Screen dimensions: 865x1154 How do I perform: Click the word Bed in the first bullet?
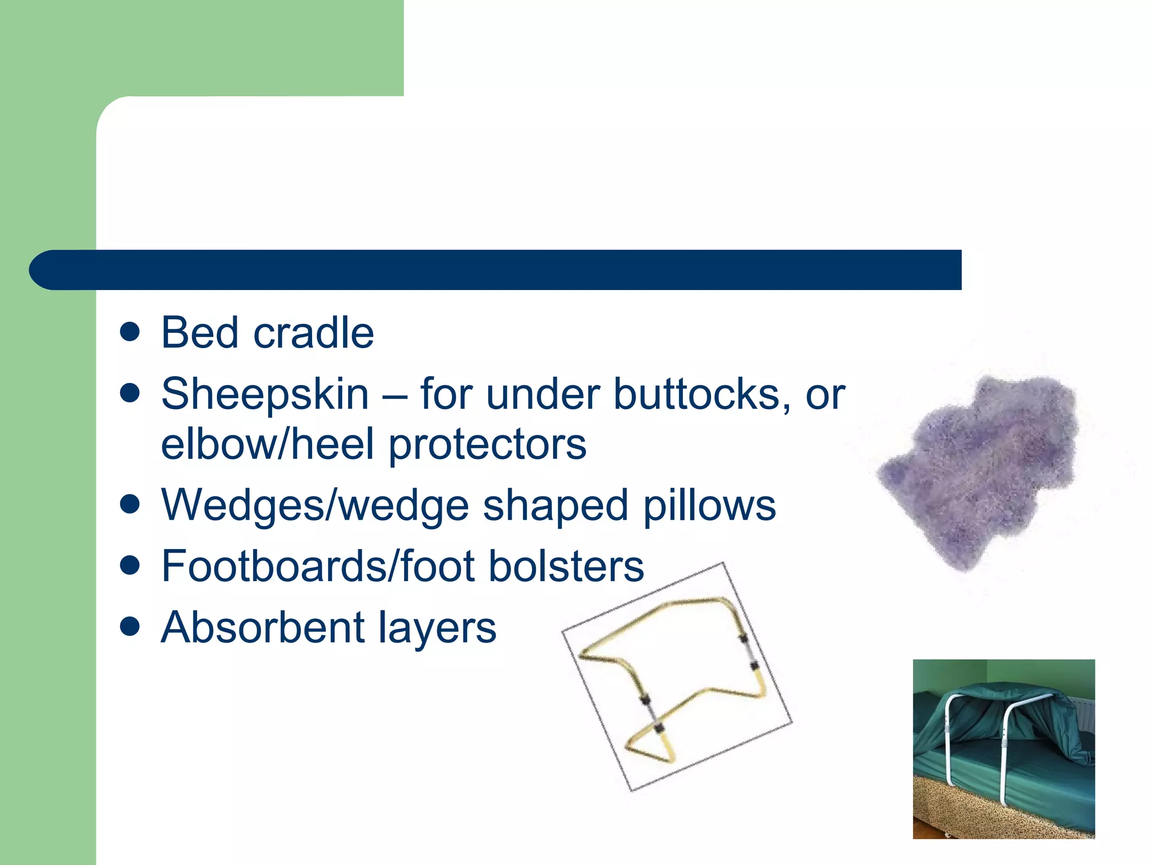[200, 333]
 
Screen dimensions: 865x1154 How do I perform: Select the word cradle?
[314, 333]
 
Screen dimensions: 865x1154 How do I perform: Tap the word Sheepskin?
[265, 394]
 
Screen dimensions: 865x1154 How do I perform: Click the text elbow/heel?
[267, 444]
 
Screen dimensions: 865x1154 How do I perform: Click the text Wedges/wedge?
[316, 506]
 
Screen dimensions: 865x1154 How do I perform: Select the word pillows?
[709, 506]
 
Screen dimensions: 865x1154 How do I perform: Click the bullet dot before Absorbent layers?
[130, 626]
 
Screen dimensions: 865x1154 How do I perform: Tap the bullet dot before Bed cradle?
[130, 332]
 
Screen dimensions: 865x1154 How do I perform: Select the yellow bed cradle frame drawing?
[676, 676]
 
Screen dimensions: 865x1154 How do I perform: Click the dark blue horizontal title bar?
[496, 270]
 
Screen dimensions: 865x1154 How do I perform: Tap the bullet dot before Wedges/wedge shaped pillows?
[130, 505]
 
